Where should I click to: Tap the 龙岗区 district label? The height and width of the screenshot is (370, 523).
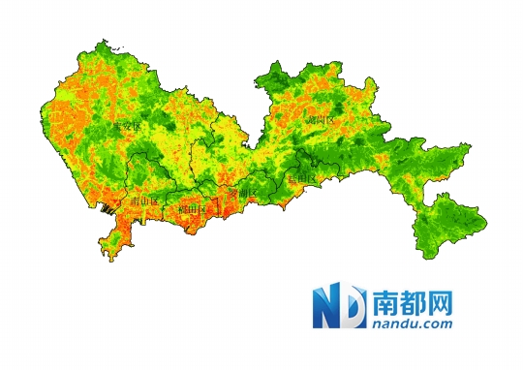click(x=319, y=119)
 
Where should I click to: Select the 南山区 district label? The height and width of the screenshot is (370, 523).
click(x=144, y=201)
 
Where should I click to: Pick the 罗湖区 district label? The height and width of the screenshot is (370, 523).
click(x=241, y=194)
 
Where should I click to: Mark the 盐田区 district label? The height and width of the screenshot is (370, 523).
click(x=302, y=180)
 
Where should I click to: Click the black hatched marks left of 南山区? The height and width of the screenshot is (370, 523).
click(x=109, y=208)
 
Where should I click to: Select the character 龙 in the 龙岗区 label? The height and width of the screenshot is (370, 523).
click(x=309, y=119)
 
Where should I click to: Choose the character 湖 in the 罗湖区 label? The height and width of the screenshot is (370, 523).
click(x=241, y=194)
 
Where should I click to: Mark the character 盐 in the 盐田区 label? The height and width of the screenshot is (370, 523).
click(x=292, y=180)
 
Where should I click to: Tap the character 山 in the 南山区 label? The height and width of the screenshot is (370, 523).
click(x=144, y=201)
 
